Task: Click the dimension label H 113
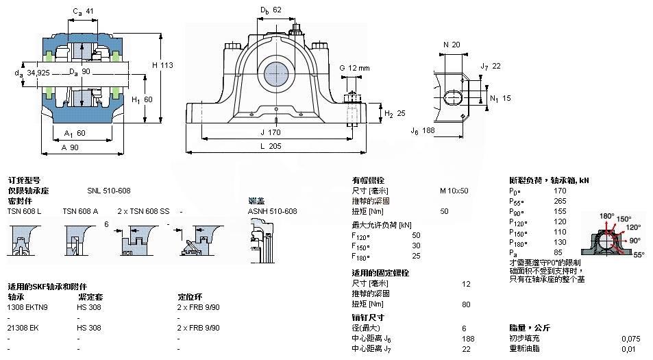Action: tap(162, 65)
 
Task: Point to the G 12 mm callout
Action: tap(354, 68)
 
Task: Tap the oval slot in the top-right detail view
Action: tap(453, 96)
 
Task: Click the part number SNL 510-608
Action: tap(108, 191)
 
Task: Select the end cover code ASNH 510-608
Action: tap(272, 211)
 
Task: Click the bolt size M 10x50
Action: tap(454, 191)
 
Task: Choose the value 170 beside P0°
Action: tap(560, 191)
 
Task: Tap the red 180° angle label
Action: tap(607, 216)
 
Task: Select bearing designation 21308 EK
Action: tap(23, 328)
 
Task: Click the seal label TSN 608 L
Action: tap(24, 211)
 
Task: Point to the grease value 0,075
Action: tap(631, 339)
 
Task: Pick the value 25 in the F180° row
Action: tap(435, 256)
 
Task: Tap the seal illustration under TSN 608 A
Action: tap(75, 241)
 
